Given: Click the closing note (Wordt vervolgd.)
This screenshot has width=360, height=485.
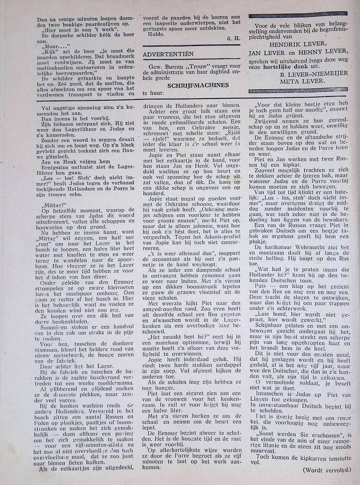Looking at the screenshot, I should point(326,469).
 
